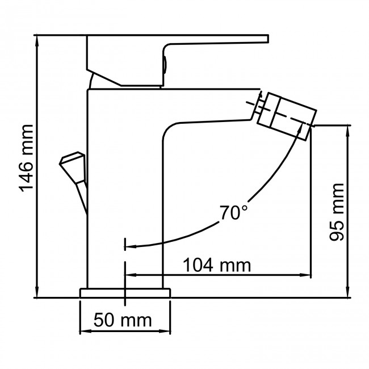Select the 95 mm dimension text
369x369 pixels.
pos(337,212)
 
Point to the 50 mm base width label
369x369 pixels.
pos(123,320)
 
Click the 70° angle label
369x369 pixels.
pos(233,213)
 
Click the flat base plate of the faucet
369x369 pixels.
pos(125,292)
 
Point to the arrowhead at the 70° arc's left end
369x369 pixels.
pos(128,246)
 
